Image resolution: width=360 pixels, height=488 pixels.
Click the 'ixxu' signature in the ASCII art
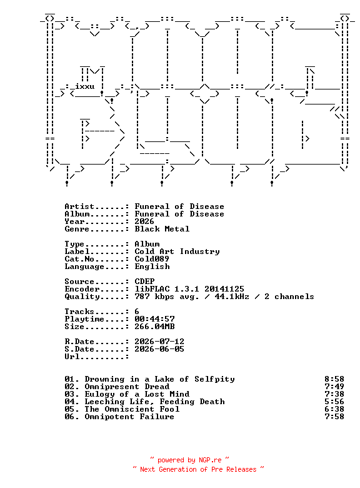(x=85, y=86)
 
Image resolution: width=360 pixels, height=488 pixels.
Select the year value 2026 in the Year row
(x=144, y=221)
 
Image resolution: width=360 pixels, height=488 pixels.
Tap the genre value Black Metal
(x=162, y=229)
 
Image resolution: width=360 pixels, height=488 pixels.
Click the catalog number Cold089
(x=152, y=259)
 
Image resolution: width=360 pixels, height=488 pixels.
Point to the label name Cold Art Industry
(x=177, y=252)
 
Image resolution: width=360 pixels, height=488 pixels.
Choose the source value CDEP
(x=144, y=282)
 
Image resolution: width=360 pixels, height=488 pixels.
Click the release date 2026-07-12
(x=159, y=342)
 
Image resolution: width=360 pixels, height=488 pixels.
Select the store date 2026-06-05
(x=159, y=349)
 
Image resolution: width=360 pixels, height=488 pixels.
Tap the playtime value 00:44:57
(x=154, y=319)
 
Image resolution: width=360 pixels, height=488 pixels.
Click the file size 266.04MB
(x=154, y=327)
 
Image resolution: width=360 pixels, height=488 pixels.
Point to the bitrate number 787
(x=142, y=297)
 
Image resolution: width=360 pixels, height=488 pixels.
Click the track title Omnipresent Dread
(x=127, y=387)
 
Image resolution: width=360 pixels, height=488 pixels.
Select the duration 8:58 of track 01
(x=334, y=379)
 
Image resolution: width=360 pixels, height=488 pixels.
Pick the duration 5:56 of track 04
(x=334, y=402)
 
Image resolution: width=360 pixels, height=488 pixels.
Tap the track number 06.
(x=69, y=417)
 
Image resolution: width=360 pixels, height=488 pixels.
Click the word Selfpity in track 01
(x=214, y=379)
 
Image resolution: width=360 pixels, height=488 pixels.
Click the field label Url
(x=72, y=357)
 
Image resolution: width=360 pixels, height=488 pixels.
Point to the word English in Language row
(x=152, y=267)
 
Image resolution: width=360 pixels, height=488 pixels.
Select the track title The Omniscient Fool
(x=132, y=409)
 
